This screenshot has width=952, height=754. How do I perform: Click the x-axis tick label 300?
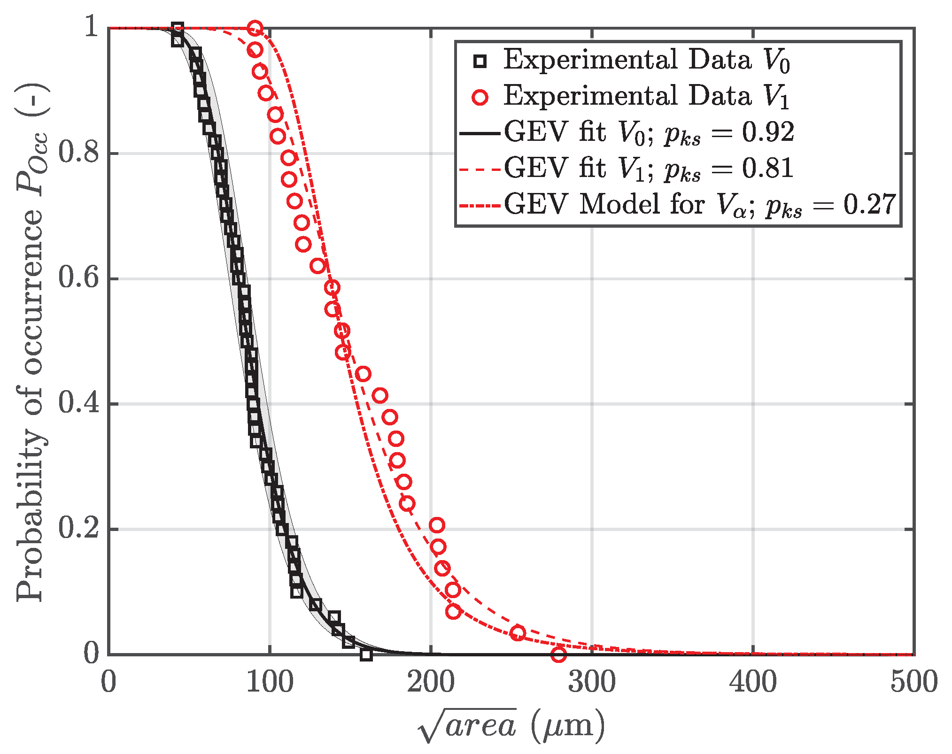click(x=591, y=682)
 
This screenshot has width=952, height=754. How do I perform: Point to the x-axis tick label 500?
click(x=913, y=682)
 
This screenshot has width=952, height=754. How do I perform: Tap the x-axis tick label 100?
click(x=270, y=682)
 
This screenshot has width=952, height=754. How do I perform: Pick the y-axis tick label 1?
click(x=91, y=27)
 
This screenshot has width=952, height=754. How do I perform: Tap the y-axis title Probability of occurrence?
click(x=32, y=343)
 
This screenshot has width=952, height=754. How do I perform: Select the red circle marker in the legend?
click(x=480, y=97)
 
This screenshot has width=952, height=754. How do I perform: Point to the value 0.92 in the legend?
click(x=768, y=132)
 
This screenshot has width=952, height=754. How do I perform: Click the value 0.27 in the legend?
click(x=869, y=205)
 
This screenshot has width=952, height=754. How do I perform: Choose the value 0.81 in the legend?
click(x=768, y=169)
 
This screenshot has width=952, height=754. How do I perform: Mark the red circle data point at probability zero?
click(x=558, y=654)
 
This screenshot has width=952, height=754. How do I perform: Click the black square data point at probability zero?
click(x=366, y=654)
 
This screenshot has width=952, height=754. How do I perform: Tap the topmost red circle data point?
click(x=255, y=29)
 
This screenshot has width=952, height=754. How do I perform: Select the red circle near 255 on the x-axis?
click(x=518, y=633)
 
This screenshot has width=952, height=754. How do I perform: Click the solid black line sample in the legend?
click(x=479, y=133)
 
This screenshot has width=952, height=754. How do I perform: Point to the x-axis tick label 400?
click(x=753, y=682)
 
